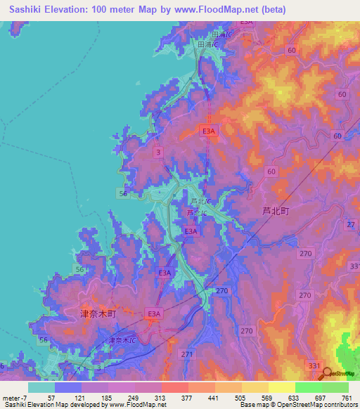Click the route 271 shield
(x=186, y=355)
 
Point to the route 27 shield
(x=351, y=223)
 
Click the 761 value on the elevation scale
(x=347, y=397)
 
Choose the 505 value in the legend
(x=240, y=397)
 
